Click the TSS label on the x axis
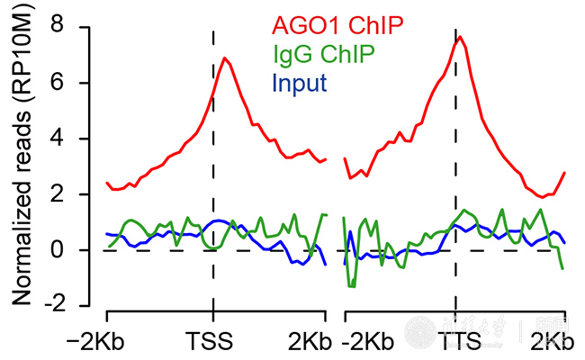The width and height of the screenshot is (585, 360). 213,343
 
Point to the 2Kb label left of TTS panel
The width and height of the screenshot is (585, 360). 309,343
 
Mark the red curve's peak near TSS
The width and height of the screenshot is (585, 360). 224,58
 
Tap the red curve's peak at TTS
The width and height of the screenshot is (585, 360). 460,37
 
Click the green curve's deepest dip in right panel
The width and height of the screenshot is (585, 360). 352,286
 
